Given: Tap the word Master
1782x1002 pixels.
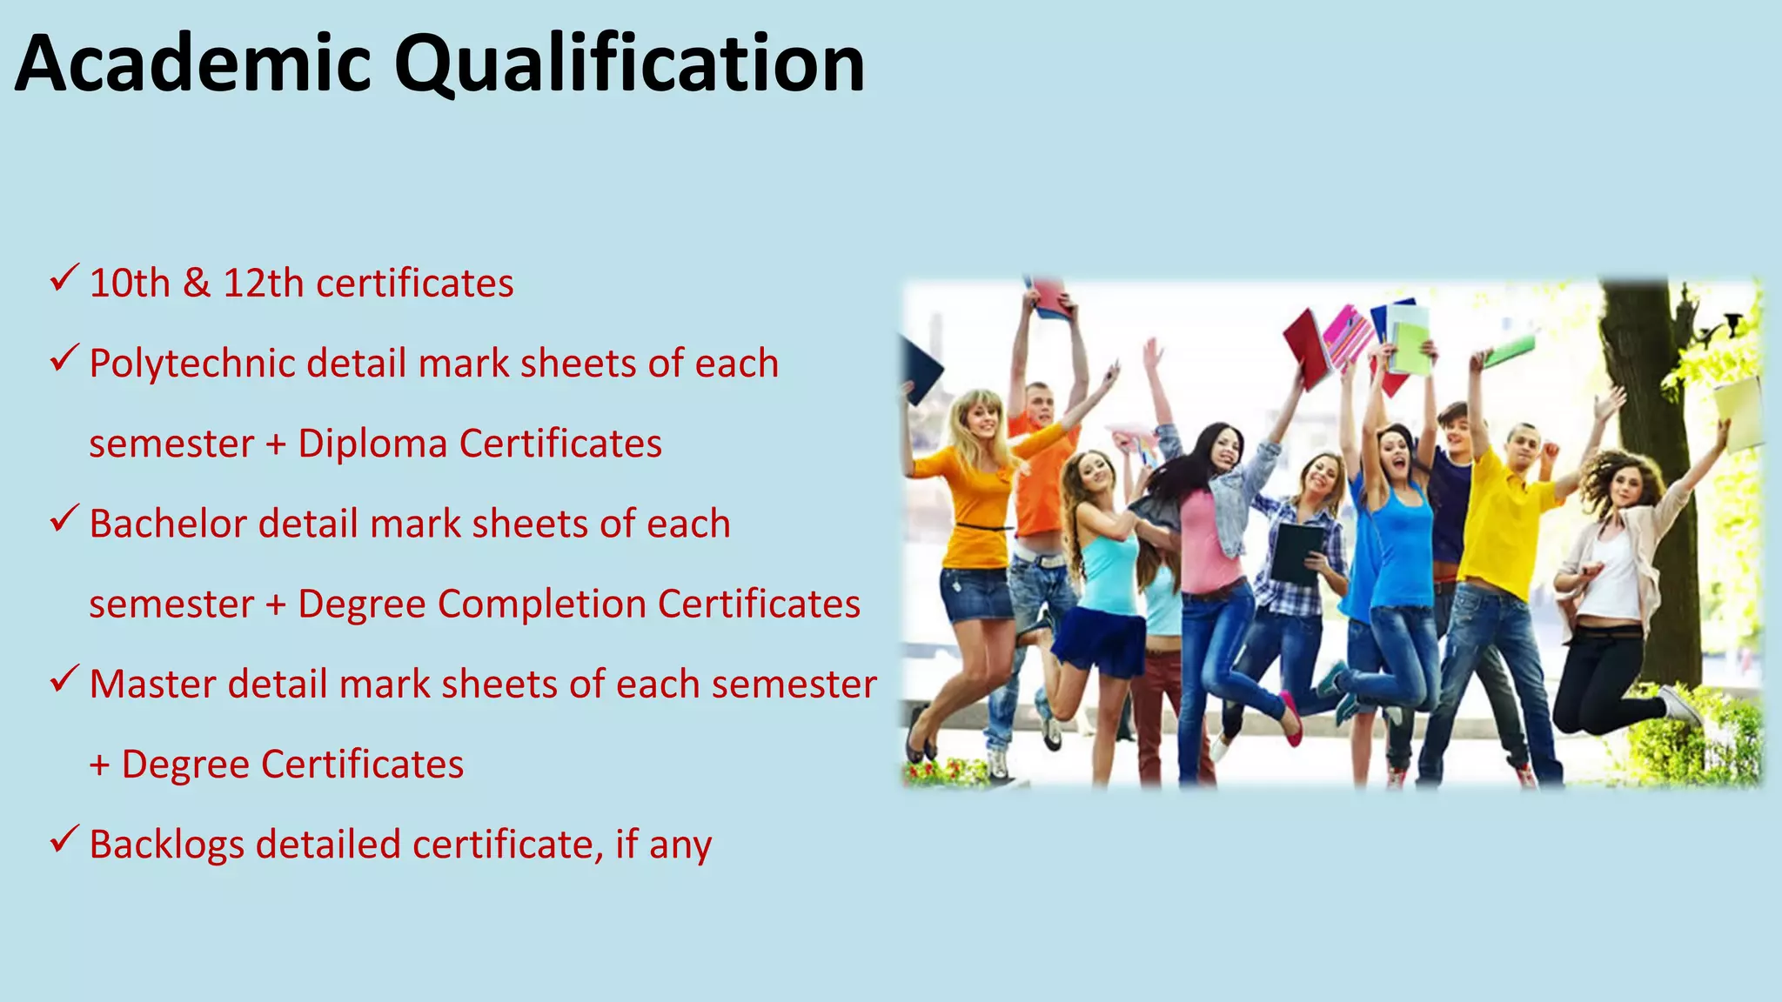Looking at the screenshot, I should coord(152,684).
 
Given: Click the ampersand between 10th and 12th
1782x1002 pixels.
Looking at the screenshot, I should coord(197,283).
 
